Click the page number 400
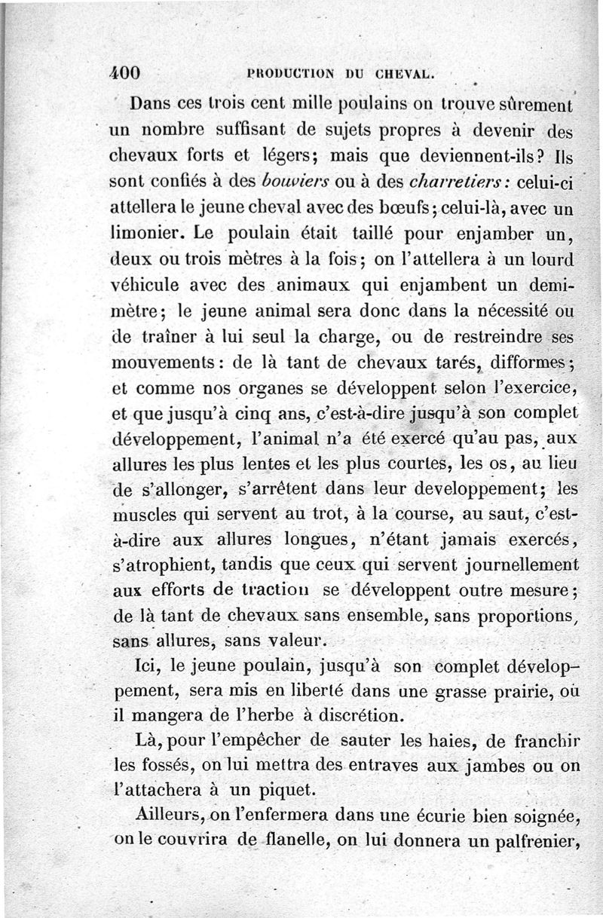[125, 73]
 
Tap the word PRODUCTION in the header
[289, 74]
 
